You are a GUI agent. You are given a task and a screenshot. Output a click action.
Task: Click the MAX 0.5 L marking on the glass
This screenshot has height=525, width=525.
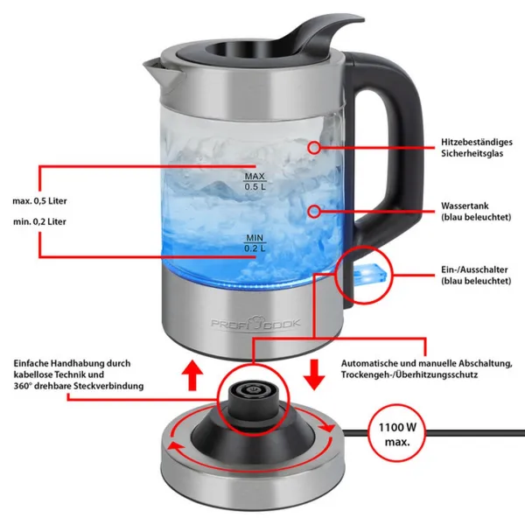coord(255,181)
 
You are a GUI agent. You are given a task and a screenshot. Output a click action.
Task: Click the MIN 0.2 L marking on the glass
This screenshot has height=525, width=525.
coord(255,243)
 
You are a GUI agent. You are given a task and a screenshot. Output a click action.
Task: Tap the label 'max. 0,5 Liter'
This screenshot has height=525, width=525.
coord(40,201)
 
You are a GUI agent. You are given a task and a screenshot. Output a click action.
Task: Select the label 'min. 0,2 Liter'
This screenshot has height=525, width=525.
coord(39,221)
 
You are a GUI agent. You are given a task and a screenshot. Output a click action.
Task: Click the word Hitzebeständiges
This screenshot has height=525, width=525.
coord(477,142)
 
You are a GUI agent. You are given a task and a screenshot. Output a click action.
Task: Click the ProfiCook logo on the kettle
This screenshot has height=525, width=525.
coord(255,322)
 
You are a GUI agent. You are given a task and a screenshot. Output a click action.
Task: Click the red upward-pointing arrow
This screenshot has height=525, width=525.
coord(192,374)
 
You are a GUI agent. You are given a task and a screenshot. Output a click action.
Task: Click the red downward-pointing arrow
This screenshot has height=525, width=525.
coord(314,374)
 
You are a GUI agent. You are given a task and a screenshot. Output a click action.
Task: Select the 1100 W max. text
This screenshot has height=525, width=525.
coord(397,435)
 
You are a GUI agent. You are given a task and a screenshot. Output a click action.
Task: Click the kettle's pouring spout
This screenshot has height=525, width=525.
coord(157,68)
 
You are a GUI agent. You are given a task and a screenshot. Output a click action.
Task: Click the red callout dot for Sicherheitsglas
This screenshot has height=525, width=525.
coord(314,147)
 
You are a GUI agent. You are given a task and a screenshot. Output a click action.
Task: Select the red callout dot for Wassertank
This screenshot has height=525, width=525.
coord(314,211)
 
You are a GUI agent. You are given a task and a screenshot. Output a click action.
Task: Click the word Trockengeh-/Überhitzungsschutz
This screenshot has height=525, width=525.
coord(409,374)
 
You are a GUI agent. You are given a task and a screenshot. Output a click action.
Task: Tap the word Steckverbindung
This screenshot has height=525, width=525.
coord(108,386)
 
